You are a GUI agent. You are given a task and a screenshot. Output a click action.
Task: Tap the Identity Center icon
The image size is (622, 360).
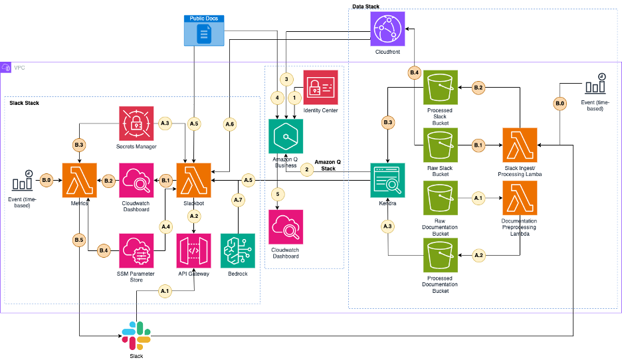[x=320, y=87]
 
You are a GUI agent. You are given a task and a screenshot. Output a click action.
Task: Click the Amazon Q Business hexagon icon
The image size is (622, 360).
[x=285, y=135]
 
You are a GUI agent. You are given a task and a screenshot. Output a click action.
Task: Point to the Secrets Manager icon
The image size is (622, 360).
[x=136, y=123]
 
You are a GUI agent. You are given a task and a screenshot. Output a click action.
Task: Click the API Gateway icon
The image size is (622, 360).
[x=194, y=250]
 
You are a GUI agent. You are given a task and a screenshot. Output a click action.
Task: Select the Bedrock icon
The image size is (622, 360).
[x=237, y=250]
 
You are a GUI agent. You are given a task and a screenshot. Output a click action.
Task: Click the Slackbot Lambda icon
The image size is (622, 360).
[x=194, y=179]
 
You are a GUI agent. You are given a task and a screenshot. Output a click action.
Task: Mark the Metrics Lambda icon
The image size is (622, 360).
[x=79, y=179]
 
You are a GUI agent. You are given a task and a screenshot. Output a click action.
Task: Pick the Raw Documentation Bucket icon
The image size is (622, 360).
[x=441, y=197]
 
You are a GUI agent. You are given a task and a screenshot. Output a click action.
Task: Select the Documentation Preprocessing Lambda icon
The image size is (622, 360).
[x=520, y=197]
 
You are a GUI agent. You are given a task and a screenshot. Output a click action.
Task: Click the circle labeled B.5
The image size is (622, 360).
[x=79, y=238]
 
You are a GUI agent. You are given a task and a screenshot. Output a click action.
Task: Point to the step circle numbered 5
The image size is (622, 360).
[x=277, y=194]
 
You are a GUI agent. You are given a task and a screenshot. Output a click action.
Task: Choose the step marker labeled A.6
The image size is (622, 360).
[x=229, y=124]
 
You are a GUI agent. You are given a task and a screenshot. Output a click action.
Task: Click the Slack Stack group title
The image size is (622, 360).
[x=25, y=104]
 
